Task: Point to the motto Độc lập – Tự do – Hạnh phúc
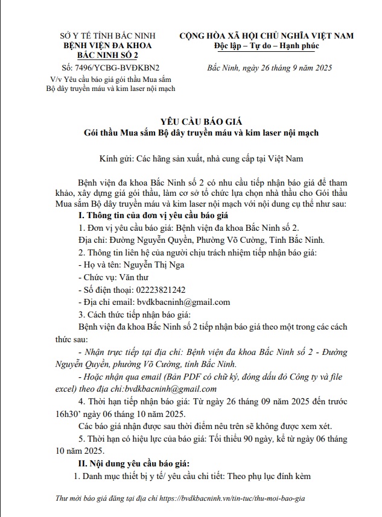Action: [266, 46]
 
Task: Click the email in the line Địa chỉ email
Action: [183, 302]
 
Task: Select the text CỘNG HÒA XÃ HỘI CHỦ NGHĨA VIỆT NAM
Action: [266, 36]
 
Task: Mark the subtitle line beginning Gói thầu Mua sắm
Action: [202, 132]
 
